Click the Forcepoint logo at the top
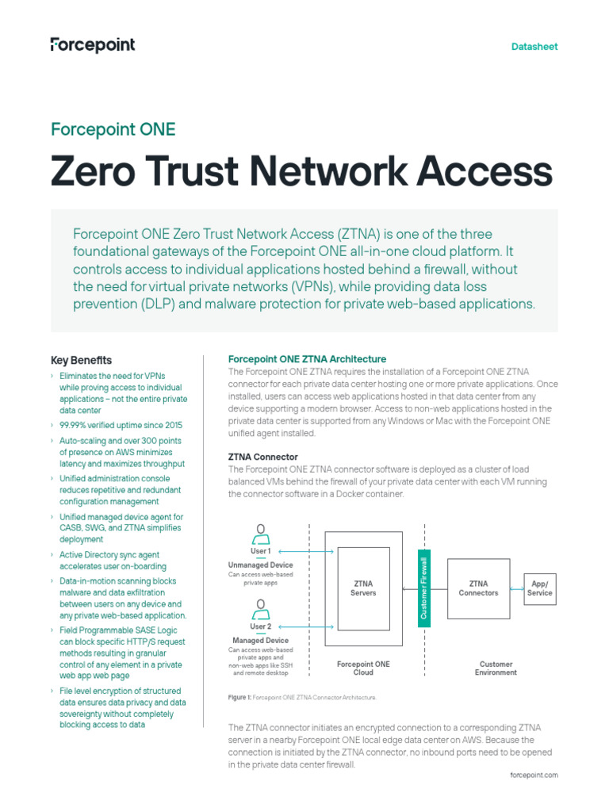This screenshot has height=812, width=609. (93, 45)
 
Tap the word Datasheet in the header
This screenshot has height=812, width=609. (534, 47)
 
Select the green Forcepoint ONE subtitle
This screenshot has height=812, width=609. (113, 129)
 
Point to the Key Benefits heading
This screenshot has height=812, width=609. (81, 360)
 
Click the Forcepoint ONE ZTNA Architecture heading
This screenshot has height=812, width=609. (307, 359)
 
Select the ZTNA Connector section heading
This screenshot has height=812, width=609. (263, 457)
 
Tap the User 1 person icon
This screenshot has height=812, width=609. (259, 532)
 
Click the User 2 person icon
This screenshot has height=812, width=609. (259, 608)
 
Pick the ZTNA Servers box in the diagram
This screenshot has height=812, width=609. (364, 588)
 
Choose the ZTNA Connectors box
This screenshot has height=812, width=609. (478, 588)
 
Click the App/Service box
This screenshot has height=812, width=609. (539, 588)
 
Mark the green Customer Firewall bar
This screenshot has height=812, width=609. (424, 588)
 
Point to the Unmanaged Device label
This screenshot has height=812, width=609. (260, 565)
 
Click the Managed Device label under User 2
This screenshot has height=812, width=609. (260, 640)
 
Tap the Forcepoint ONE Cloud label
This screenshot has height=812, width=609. (363, 668)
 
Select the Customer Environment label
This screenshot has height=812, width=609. (496, 668)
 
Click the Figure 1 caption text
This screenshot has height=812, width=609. (302, 697)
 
